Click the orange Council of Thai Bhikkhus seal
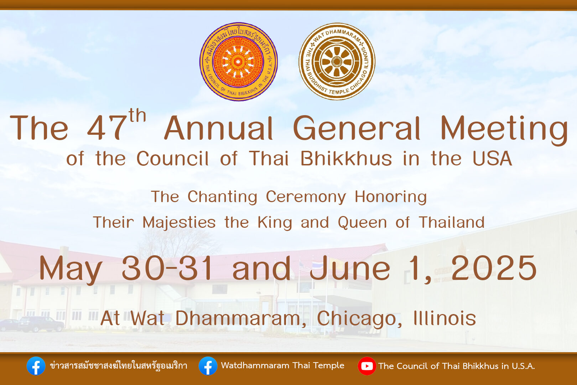click(x=239, y=62)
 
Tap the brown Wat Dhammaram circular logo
click(x=337, y=61)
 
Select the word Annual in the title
click(x=218, y=128)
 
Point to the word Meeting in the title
click(x=504, y=130)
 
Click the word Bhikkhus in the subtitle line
click(x=346, y=158)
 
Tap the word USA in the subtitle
click(x=492, y=158)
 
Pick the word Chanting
click(x=222, y=197)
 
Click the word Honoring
click(x=391, y=197)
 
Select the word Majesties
click(x=179, y=222)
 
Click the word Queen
click(x=362, y=222)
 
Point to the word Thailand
click(x=452, y=222)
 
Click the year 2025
click(x=494, y=268)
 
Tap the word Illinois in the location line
click(x=445, y=318)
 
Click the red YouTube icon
click(x=367, y=366)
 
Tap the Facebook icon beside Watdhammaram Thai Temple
click(x=208, y=366)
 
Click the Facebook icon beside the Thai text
click(x=36, y=366)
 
